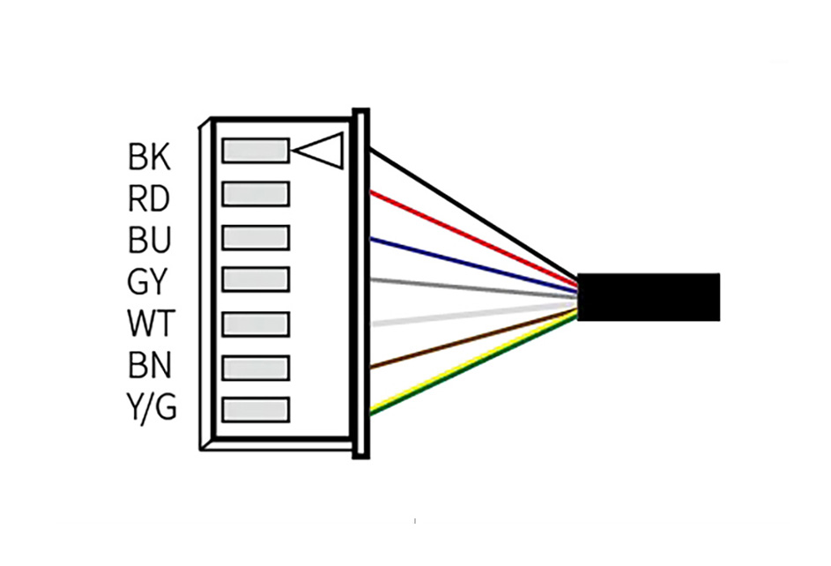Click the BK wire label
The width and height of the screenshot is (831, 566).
tap(150, 156)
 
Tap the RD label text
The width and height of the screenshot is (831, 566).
tap(149, 198)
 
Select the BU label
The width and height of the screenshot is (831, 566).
tap(150, 240)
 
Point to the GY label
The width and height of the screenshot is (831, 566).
tap(147, 281)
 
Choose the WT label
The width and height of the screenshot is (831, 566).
tap(151, 324)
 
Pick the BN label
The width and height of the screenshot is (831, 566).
tap(150, 365)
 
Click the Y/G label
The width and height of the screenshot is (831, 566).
tap(152, 407)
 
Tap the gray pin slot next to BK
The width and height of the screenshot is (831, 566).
tap(256, 151)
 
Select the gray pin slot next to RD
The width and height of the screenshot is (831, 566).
tap(256, 194)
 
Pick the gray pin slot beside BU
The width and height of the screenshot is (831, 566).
tap(256, 237)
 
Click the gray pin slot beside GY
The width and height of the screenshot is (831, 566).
tap(256, 279)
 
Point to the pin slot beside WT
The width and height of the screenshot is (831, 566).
tap(256, 324)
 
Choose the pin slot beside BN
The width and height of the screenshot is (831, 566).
tap(256, 368)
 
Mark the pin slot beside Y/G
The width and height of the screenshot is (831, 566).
tap(256, 410)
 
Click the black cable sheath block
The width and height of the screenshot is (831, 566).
tap(649, 297)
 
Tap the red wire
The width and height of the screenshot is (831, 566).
tap(474, 236)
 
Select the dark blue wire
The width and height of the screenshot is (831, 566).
tap(474, 265)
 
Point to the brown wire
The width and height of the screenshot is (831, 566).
tap(474, 339)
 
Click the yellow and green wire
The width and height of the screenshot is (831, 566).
tap(474, 363)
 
